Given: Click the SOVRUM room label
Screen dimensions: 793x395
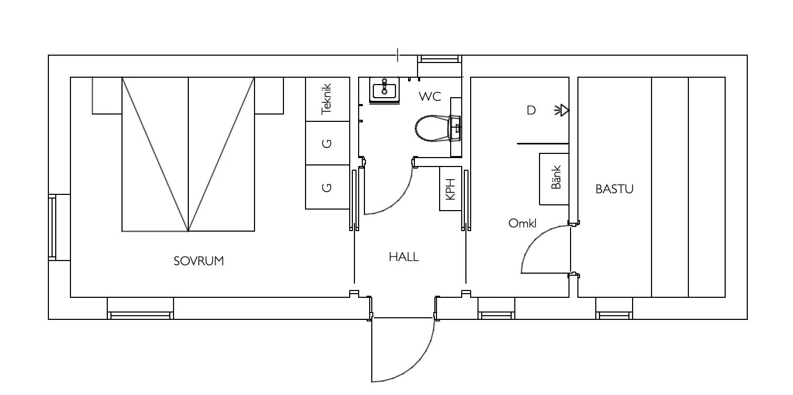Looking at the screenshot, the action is coord(199,261).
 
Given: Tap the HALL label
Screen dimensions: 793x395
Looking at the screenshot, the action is coord(403,257).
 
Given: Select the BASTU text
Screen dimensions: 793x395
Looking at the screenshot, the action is coord(614,189).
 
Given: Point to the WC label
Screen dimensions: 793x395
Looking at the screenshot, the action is coord(430,97).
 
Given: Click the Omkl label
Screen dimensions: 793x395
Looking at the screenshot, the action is coord(522,223).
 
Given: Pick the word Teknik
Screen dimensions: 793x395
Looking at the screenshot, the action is coord(326,99).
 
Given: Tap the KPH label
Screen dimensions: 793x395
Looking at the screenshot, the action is coord(450,189).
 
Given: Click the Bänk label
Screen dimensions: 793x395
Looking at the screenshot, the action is coord(556,177).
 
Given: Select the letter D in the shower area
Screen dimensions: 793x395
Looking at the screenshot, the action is coord(531,110).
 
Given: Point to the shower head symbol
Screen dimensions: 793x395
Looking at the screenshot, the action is coord(562,111).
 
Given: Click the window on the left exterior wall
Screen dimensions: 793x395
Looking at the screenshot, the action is coord(53,227).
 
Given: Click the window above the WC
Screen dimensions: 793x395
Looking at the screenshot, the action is coord(439,59).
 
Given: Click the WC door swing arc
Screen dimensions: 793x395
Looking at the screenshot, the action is coord(399,200).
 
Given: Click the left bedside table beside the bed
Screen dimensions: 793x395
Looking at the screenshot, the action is coord(107,96).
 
